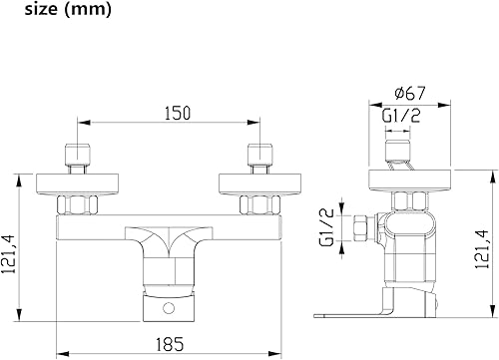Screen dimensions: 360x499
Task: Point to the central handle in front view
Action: coord(166,244)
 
